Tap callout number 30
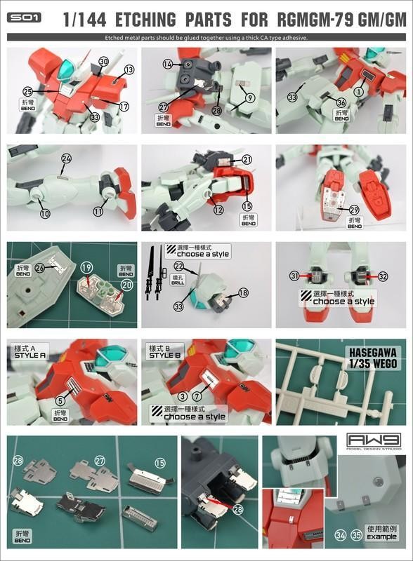(103, 62)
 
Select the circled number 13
(129, 69)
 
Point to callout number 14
(167, 64)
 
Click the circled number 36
(341, 102)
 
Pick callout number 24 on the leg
(66, 158)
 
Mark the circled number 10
(45, 213)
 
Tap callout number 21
(247, 160)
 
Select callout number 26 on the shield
(40, 268)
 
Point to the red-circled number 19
(86, 267)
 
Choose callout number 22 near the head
(179, 266)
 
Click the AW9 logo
(376, 444)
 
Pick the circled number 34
(341, 536)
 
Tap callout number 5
(60, 400)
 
